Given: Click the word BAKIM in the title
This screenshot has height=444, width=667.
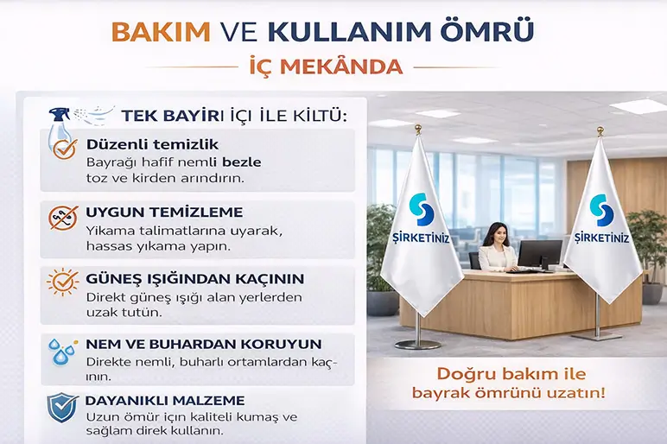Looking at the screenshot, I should pyautogui.click(x=162, y=31).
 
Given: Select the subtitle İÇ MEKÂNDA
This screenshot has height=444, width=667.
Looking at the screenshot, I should pyautogui.click(x=333, y=67).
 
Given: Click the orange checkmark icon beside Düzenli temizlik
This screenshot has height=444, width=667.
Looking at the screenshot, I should pyautogui.click(x=64, y=149).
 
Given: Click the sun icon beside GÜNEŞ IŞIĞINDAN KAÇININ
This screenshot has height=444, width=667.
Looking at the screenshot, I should pyautogui.click(x=63, y=282).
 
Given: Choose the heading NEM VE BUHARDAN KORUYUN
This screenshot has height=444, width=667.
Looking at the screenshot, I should pyautogui.click(x=203, y=343).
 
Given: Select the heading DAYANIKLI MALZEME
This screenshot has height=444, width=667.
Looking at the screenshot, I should pyautogui.click(x=165, y=401).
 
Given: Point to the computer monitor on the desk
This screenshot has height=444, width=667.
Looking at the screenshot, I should pyautogui.click(x=540, y=253).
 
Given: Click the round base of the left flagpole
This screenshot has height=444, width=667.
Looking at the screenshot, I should pyautogui.click(x=418, y=343).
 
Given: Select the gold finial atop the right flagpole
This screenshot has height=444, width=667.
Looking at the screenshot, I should pyautogui.click(x=598, y=131).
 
